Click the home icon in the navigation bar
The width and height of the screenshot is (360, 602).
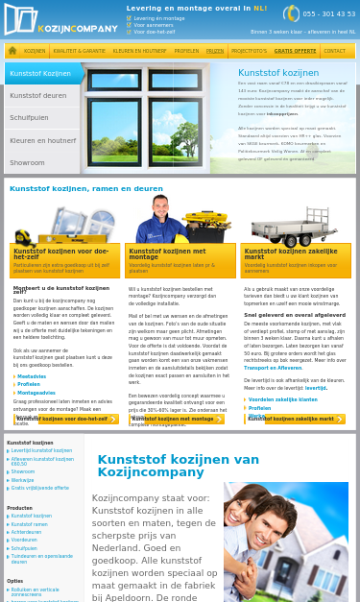point(12,51)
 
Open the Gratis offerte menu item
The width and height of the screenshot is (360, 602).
point(295,51)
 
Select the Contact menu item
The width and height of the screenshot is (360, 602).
point(334,51)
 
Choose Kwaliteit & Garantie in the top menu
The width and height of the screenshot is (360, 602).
point(80,51)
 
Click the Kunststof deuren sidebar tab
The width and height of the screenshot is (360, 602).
point(38,96)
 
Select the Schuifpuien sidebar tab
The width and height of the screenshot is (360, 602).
point(32,118)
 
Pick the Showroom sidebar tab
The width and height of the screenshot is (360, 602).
point(28,162)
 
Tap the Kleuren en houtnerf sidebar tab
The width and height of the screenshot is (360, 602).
point(42,140)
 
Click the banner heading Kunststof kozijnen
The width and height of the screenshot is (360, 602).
point(278,72)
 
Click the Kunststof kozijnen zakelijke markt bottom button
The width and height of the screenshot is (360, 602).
point(291,419)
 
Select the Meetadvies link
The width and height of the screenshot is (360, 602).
point(32,376)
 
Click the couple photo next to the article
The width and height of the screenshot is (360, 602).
point(285,542)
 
